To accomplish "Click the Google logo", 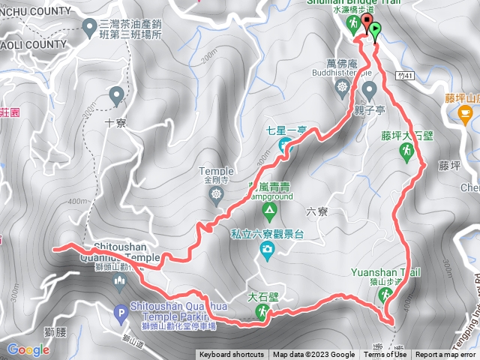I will point(28,349).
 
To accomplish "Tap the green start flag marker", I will point(374,31).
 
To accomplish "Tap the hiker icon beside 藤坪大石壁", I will point(406,152).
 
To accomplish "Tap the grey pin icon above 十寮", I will point(116,95).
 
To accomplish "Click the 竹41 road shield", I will point(405,76).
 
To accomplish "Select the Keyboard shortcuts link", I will point(231,355).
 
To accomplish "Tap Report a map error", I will point(447,355).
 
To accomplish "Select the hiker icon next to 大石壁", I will point(262,314).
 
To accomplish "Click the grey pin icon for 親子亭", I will point(368,90).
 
